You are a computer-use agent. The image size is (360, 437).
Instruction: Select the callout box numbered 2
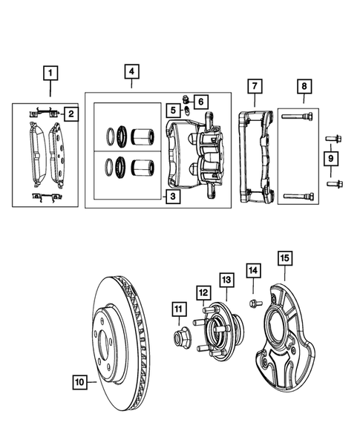[x=71, y=114]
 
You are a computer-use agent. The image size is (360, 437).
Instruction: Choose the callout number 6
[x=202, y=100]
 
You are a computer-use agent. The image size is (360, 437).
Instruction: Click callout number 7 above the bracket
[x=254, y=88]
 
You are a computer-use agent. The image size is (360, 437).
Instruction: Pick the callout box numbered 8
[x=304, y=88]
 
